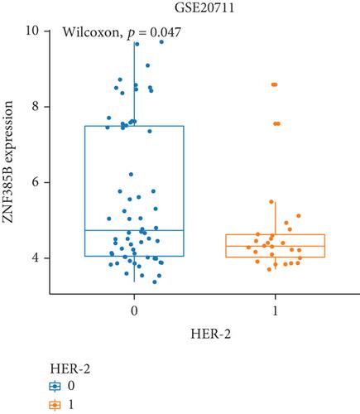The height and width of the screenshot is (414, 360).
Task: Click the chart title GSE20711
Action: [x=204, y=7]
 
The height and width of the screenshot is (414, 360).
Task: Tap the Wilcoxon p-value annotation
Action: [x=122, y=32]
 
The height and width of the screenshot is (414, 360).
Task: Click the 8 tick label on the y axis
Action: [x=35, y=106]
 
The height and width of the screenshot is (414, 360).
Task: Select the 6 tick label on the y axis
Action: [x=35, y=182]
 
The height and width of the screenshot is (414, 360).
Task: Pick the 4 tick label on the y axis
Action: [x=35, y=258]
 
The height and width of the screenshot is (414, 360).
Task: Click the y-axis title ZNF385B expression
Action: [x=8, y=162]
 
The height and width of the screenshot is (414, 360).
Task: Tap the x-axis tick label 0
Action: [x=134, y=311]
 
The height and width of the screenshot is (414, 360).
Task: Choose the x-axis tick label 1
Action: [x=275, y=311]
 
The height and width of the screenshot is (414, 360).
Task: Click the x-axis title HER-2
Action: [x=210, y=334]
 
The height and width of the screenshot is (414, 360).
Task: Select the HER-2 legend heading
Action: [x=70, y=369]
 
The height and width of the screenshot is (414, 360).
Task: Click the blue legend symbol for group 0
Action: [x=55, y=387]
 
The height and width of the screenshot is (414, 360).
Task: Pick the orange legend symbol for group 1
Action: [x=55, y=405]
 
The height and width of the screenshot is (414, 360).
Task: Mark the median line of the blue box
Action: [x=134, y=230]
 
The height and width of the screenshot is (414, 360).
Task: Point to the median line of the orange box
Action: [x=275, y=246]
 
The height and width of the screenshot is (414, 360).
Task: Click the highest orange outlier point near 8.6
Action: [x=274, y=84]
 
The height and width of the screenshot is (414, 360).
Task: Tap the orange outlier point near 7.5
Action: [x=276, y=123]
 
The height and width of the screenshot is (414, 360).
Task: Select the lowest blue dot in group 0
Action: [x=155, y=282]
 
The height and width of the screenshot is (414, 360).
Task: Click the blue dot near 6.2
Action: [x=131, y=174]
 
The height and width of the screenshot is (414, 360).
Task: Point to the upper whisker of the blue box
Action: [x=134, y=84]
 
